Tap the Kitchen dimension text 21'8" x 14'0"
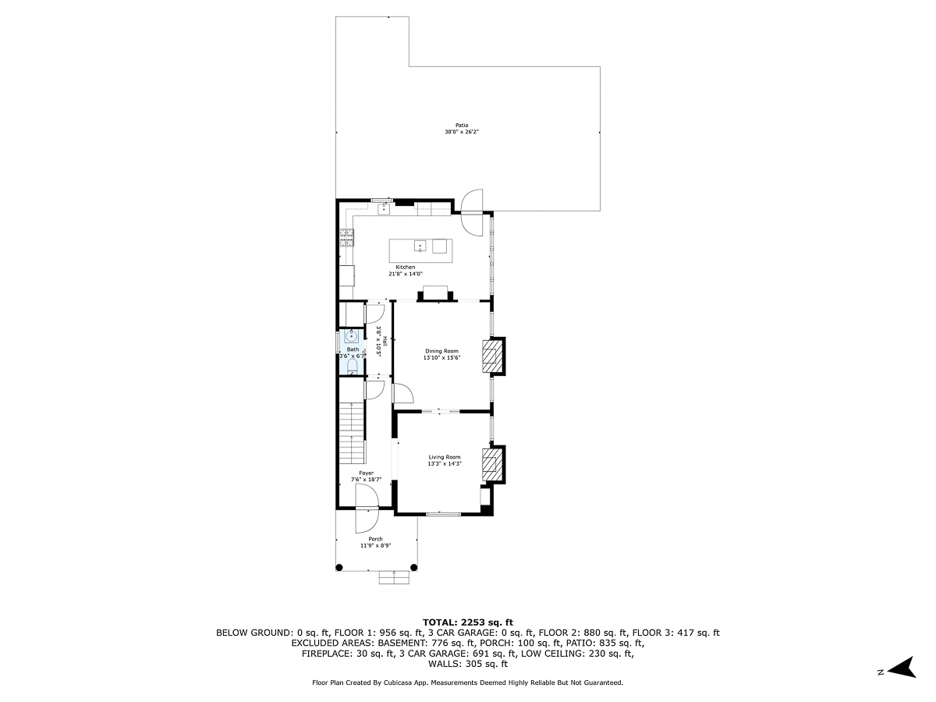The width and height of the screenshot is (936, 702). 406,274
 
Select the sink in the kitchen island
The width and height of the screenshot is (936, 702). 420,246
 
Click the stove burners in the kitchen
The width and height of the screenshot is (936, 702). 345,237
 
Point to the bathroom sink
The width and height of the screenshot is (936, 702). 351,337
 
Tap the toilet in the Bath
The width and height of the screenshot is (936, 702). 352,364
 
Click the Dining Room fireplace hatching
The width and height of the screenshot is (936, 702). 491,357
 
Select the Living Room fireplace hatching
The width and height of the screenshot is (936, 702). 491,465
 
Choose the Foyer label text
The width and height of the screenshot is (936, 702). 366,473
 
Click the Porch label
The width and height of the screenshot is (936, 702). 376,539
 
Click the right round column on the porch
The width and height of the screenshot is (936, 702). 413,567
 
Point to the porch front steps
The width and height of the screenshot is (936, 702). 395,577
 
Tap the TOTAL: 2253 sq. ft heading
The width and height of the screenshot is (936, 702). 468,622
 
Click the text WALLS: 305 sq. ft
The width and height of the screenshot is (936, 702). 468,665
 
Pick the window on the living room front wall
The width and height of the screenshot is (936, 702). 443,514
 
